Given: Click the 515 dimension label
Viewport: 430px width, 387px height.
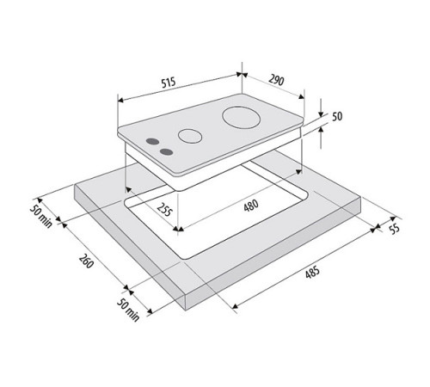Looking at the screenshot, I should coord(169,82).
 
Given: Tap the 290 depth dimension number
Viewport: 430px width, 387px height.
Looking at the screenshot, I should coord(274,82).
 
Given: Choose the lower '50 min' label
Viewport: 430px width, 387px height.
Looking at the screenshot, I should coord(131,316).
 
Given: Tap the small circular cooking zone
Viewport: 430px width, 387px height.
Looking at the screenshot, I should coord(188,136).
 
